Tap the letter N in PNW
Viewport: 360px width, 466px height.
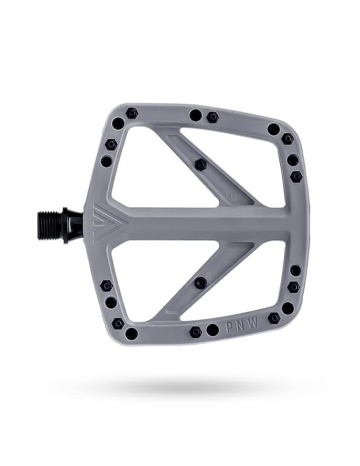click(x=242, y=326)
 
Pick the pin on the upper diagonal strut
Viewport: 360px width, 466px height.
click(x=201, y=164)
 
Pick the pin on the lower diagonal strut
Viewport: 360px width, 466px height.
click(x=201, y=283)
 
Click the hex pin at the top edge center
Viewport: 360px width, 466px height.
click(x=213, y=117)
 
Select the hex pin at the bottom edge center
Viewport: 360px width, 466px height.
click(x=196, y=332)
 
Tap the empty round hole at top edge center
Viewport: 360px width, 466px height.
click(x=195, y=115)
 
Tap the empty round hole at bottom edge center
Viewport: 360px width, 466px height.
click(x=213, y=330)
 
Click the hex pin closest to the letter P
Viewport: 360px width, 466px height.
click(x=196, y=332)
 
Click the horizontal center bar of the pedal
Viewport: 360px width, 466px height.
click(x=207, y=224)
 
